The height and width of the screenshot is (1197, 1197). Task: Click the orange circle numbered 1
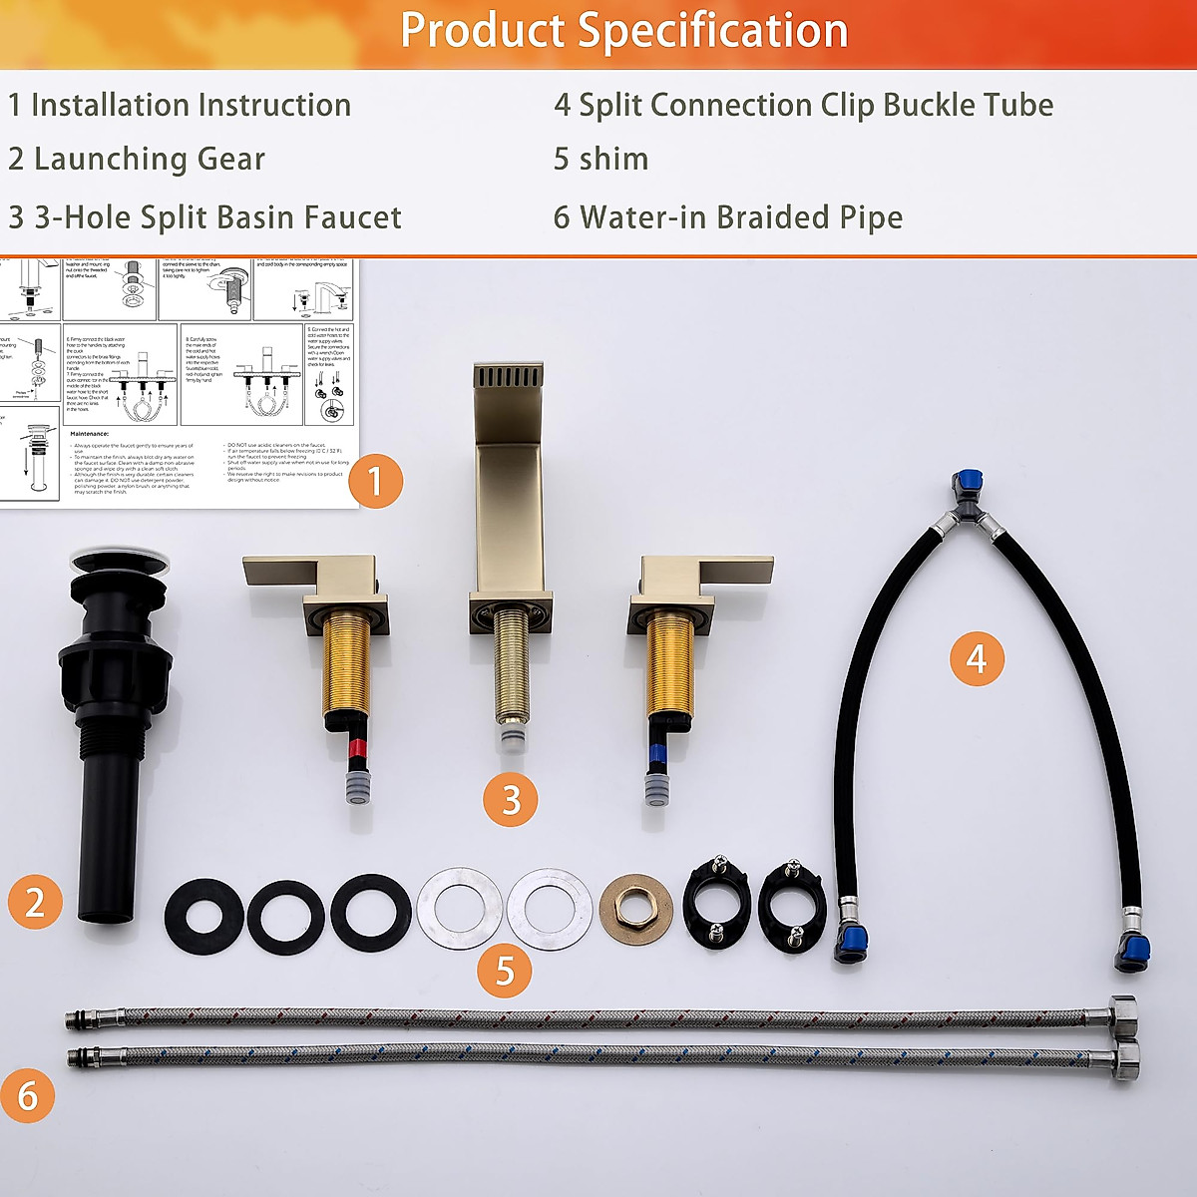[x=375, y=482]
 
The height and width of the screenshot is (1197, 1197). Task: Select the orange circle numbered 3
[x=511, y=799]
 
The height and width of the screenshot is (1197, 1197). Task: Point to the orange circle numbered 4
[x=976, y=658]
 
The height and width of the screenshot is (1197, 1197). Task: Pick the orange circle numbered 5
[x=505, y=970]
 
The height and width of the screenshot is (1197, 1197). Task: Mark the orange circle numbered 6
[x=28, y=1095]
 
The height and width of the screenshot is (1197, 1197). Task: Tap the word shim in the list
[x=614, y=160]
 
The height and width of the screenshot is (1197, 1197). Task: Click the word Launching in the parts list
[x=105, y=160]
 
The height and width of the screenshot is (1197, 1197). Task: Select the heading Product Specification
[x=623, y=31]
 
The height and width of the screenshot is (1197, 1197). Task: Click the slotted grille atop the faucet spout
[x=508, y=378]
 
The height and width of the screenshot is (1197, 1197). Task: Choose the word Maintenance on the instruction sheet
[x=103, y=434]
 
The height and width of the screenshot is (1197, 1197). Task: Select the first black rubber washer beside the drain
[x=204, y=914]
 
